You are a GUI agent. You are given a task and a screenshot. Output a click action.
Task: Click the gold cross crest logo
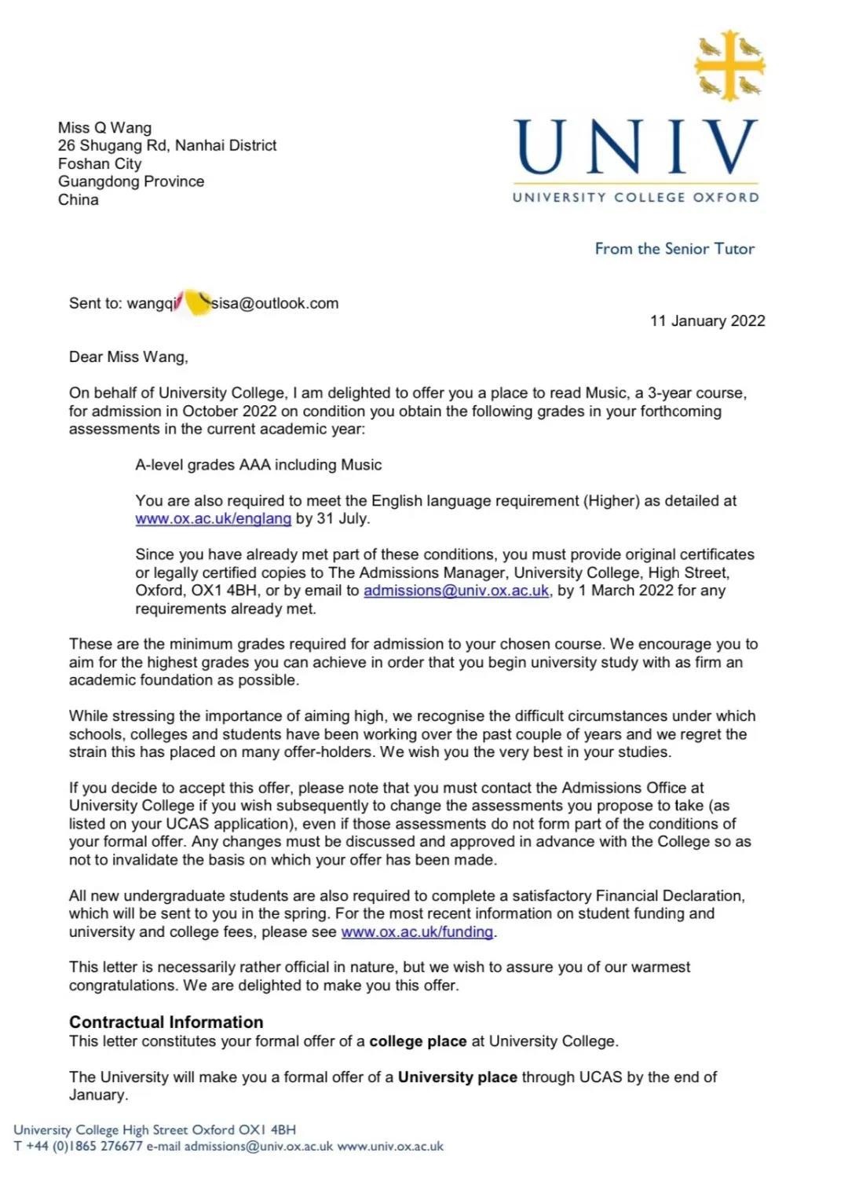729,65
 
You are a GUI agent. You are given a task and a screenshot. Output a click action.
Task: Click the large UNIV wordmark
635,148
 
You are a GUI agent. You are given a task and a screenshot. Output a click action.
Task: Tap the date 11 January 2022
707,320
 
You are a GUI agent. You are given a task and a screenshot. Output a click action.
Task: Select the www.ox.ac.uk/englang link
213,518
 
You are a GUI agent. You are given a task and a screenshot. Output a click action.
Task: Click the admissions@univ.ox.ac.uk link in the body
455,591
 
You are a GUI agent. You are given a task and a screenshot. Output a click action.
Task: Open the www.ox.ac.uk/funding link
417,932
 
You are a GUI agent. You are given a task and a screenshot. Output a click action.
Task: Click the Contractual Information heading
166,1022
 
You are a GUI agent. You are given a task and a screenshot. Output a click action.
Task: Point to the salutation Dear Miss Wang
129,357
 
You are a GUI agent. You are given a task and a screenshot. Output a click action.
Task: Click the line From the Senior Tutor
674,249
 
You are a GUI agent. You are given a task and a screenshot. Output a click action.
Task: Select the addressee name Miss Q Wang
104,127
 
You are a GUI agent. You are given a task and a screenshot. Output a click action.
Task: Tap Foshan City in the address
100,163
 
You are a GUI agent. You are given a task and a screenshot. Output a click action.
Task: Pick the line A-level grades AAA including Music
258,465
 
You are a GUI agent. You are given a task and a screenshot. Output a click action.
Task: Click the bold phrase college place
418,1041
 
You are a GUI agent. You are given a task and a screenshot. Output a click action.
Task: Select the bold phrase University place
457,1077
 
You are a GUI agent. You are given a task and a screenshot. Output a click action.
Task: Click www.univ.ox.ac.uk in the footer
390,1147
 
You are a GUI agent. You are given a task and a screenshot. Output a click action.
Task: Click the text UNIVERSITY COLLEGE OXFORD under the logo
635,197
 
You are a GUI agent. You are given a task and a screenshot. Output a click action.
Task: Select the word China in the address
78,199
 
